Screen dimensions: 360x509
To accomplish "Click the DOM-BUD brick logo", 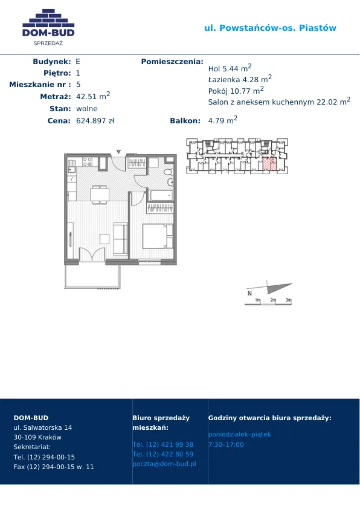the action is coord(48,27).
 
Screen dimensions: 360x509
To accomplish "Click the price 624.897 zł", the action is coord(95,121).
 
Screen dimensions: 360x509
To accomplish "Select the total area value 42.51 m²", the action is coord(93,96).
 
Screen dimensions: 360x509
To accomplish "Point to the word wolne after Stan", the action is coord(87,109).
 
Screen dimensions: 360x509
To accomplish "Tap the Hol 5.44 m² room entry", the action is coord(230,68).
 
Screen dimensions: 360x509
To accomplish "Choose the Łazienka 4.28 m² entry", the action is coord(240,79).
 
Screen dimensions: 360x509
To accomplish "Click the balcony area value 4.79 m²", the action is coord(223,120).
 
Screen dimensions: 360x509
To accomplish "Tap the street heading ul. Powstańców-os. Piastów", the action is coord(270,28).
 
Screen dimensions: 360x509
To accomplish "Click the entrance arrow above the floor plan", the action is coord(119,152).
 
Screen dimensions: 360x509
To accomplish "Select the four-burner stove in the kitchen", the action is coord(87,161).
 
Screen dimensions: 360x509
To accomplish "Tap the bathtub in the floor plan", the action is coord(161,195).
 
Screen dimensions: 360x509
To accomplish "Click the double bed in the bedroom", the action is coord(158,236).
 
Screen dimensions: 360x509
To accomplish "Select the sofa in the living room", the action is coord(120,239).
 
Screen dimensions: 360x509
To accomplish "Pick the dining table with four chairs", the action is coord(100,195).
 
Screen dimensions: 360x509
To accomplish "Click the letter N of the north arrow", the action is coord(249,293).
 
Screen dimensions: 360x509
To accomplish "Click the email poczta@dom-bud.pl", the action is coord(164,464).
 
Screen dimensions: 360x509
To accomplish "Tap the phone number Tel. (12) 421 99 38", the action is coord(163,444).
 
